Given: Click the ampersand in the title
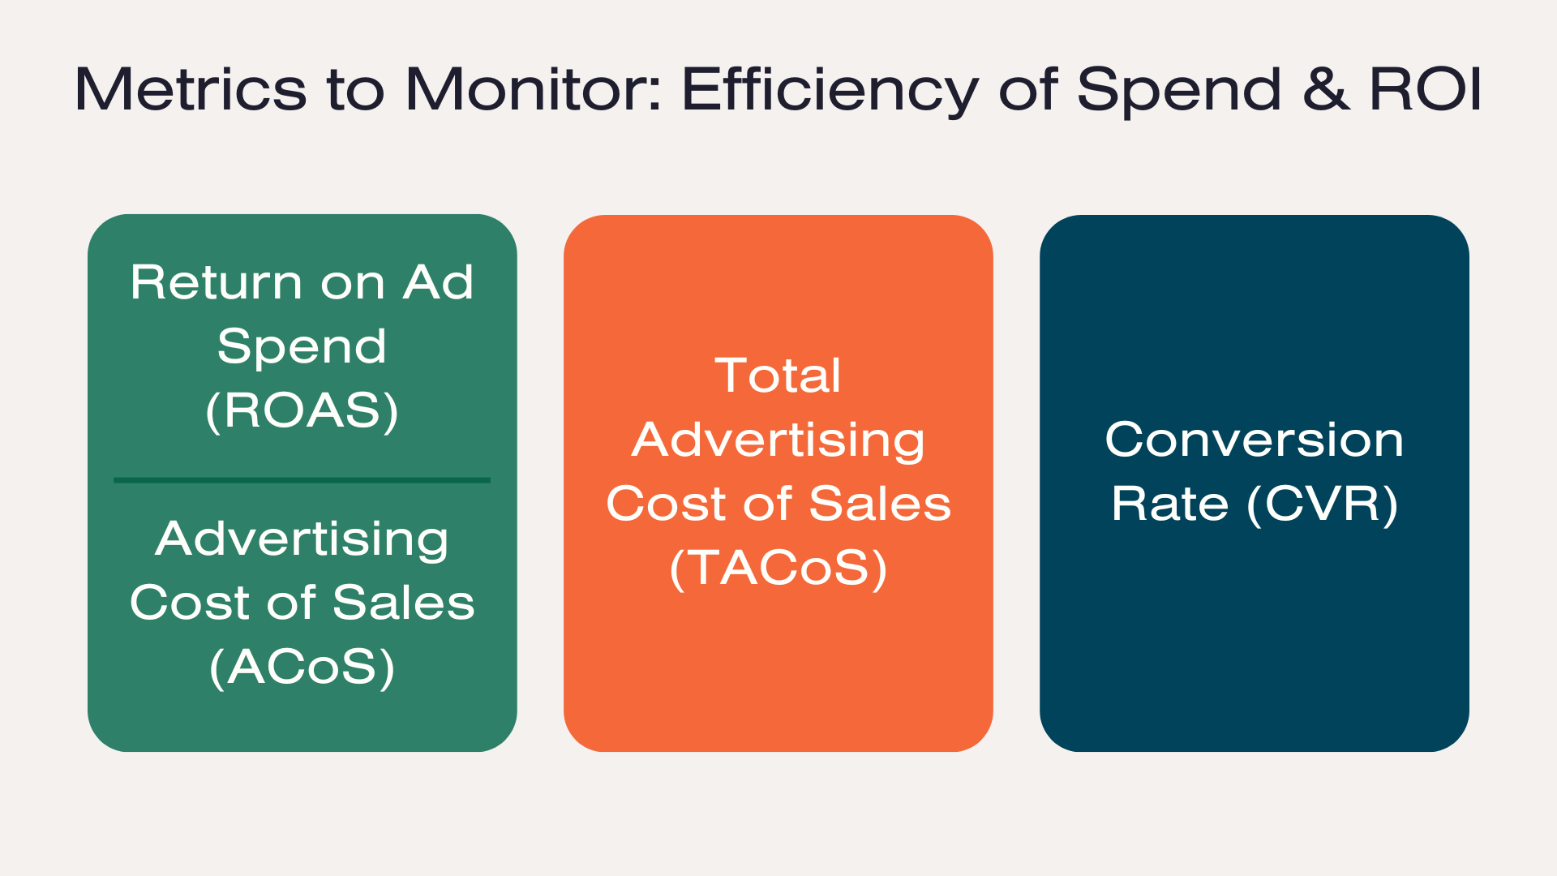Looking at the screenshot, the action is pyautogui.click(x=1327, y=88).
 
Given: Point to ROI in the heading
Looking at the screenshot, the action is pyautogui.click(x=1426, y=88).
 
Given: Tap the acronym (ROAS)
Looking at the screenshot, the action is pyautogui.click(x=302, y=410).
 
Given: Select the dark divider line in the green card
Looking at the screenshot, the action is pyautogui.click(x=302, y=480).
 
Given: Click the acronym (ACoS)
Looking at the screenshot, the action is pyautogui.click(x=302, y=667).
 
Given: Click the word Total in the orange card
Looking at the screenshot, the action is pyautogui.click(x=778, y=376).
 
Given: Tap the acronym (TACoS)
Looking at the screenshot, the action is pyautogui.click(x=778, y=568).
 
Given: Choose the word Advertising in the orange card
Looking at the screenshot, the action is pyautogui.click(x=778, y=442).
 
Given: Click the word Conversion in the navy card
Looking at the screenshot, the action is pyautogui.click(x=1255, y=440).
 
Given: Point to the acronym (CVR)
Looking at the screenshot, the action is pyautogui.click(x=1323, y=505).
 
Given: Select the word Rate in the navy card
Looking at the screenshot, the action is pyautogui.click(x=1170, y=504).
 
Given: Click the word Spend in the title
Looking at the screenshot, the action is pyautogui.click(x=1179, y=92).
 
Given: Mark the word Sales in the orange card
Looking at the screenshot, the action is pyautogui.click(x=880, y=504).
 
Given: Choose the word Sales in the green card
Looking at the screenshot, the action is pyautogui.click(x=404, y=603).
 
